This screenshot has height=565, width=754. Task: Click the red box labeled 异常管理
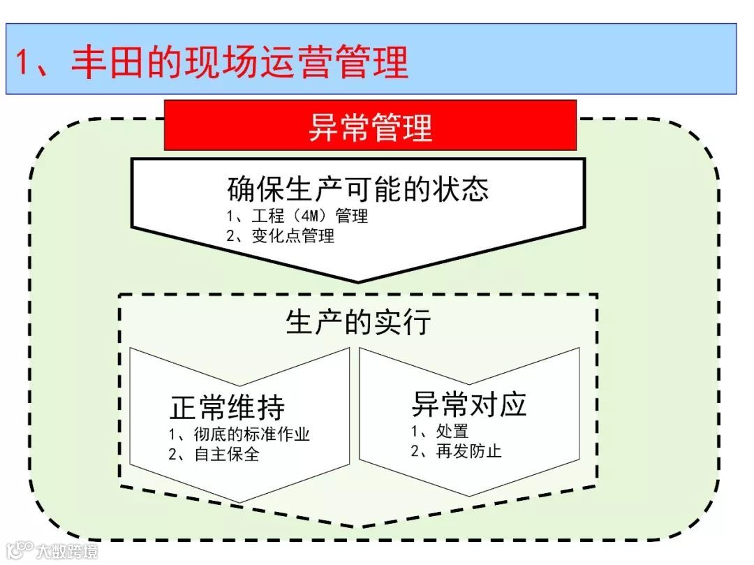[x=370, y=126]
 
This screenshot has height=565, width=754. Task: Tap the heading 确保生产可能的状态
[x=358, y=189]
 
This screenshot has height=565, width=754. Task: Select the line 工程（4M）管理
[x=297, y=216]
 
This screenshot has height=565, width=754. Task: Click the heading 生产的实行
[x=358, y=322]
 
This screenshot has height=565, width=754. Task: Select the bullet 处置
[x=439, y=431]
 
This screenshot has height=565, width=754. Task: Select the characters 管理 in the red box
[x=402, y=126]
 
